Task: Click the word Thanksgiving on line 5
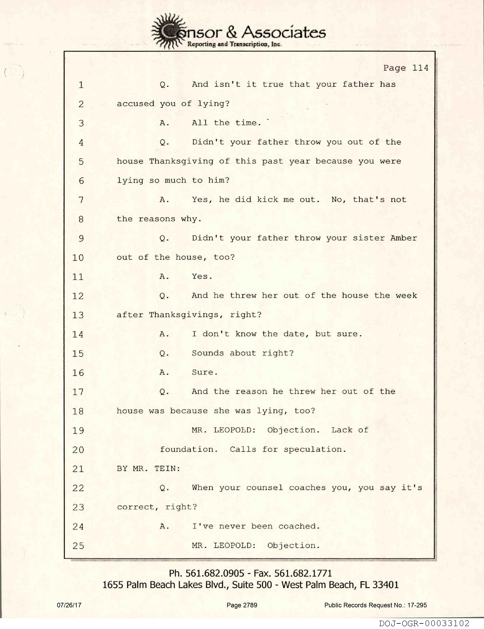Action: click(181, 161)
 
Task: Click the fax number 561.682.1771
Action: click(303, 573)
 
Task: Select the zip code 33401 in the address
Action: click(386, 585)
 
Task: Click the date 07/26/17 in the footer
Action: click(69, 605)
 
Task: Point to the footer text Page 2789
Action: click(242, 605)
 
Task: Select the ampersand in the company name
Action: click(232, 32)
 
